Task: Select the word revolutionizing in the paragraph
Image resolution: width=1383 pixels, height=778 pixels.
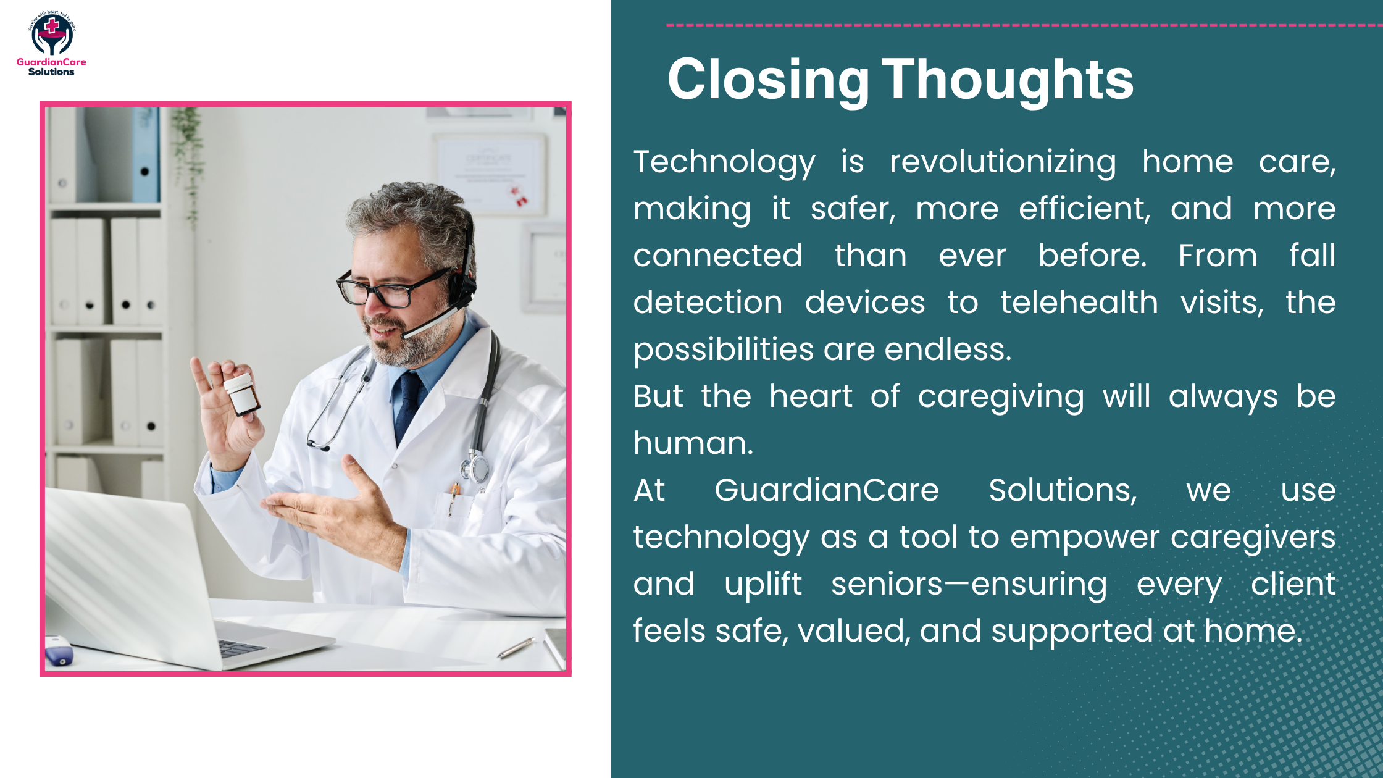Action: (1003, 162)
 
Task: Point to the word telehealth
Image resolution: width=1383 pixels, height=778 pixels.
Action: (1079, 303)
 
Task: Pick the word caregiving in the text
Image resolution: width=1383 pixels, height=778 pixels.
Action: (1000, 397)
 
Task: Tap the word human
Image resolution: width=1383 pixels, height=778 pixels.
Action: (693, 444)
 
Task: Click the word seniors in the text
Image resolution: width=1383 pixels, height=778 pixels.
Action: (887, 585)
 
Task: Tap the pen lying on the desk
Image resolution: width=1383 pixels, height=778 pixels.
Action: (516, 648)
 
